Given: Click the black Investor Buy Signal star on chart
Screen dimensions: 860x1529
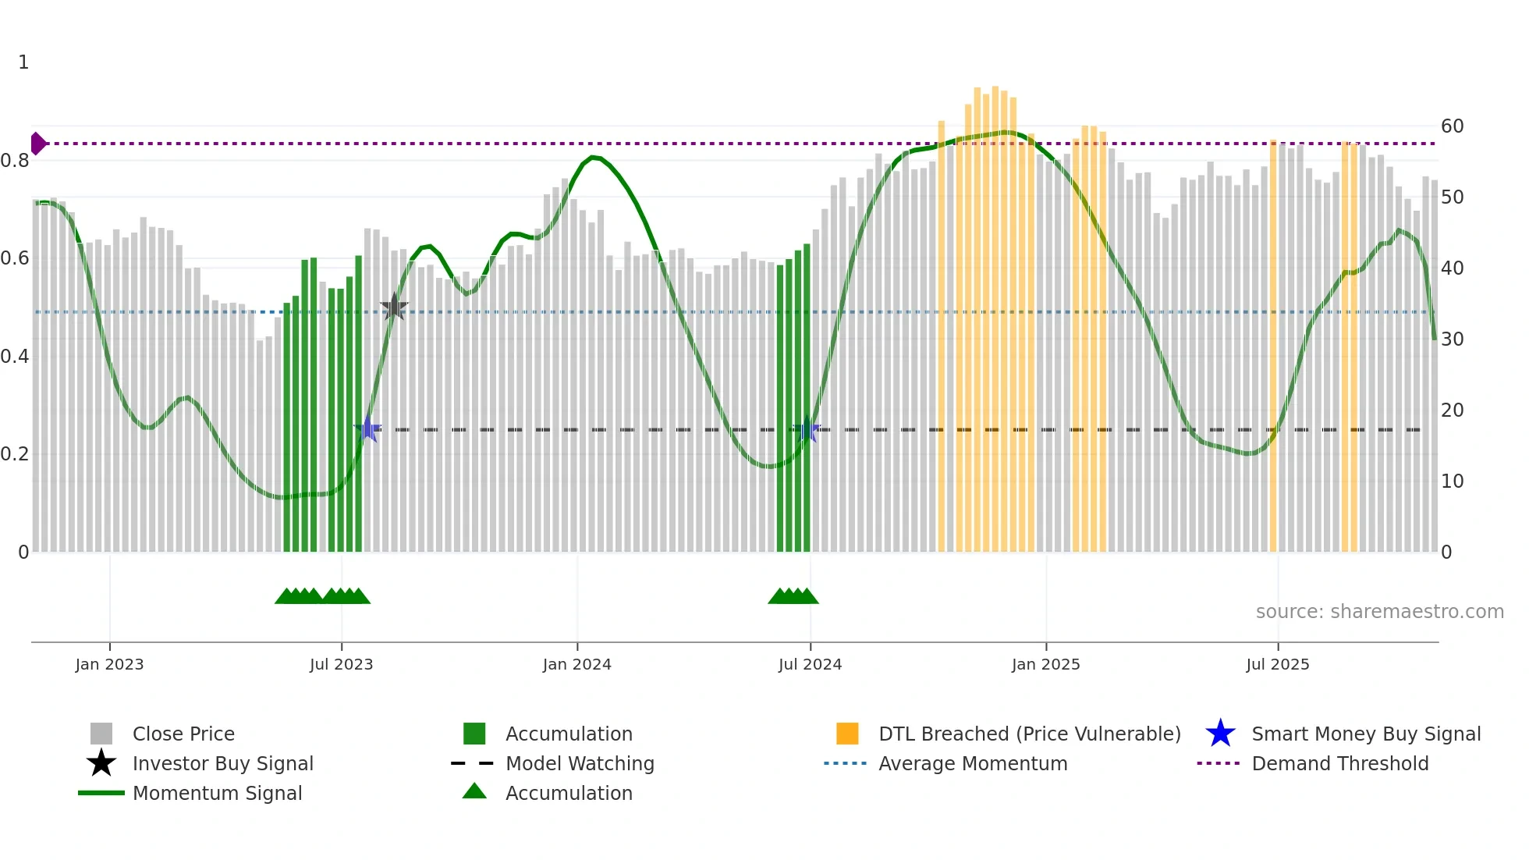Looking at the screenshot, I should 394,307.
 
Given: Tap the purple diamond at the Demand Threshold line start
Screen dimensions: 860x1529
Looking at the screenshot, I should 37,144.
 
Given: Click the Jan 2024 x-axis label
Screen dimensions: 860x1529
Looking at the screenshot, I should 576,664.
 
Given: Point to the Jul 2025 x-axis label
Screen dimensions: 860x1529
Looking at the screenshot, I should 1277,664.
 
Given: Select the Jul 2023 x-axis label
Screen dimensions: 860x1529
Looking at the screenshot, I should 341,664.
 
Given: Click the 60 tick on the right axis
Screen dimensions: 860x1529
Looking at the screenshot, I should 1452,126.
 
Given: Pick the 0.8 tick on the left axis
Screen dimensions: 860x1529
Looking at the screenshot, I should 16,161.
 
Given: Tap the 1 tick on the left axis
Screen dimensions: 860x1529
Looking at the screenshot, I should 23,62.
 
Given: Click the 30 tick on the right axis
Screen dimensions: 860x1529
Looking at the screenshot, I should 1452,339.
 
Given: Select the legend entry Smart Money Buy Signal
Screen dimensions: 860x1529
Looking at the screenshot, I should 1365,734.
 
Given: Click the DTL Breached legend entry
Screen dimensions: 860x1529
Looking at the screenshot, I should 1029,734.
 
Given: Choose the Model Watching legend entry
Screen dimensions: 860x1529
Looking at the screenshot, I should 579,763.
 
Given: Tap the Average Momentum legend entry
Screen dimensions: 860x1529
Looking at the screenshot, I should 972,763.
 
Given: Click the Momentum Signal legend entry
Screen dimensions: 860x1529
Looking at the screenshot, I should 217,793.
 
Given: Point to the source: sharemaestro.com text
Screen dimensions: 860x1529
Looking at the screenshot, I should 1379,612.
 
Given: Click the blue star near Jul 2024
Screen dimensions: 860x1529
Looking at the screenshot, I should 807,429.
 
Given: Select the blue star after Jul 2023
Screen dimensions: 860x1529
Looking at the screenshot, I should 367,428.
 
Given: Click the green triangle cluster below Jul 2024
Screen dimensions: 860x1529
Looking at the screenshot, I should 793,596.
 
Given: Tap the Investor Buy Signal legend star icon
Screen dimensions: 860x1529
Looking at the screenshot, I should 101,763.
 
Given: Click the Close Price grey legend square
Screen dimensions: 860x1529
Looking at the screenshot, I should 101,734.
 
